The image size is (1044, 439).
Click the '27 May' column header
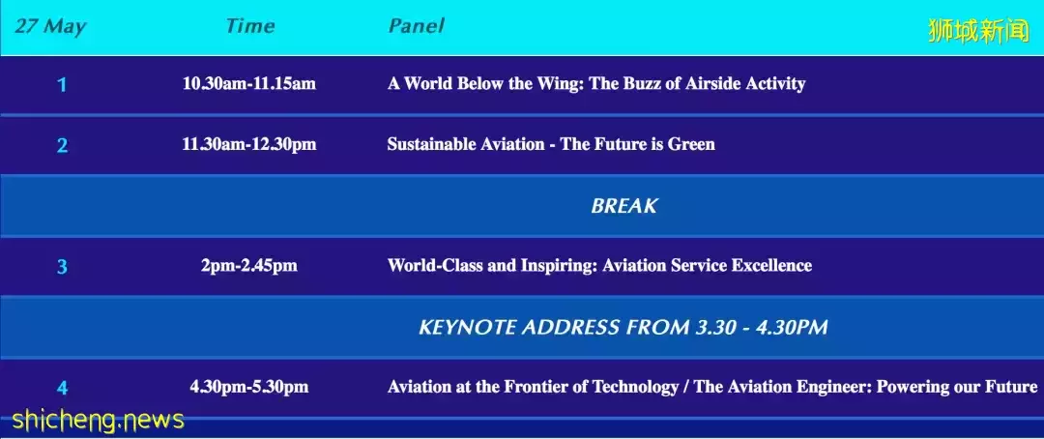pos(50,27)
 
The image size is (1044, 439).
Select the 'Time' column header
pos(249,26)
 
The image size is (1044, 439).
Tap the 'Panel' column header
pos(416,26)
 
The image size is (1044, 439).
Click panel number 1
pos(62,85)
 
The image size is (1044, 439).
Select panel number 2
pos(62,145)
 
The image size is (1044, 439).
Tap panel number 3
pos(62,267)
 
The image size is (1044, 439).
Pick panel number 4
pos(62,388)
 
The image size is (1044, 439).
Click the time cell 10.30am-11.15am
pos(249,84)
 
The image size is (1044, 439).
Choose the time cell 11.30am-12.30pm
pos(249,144)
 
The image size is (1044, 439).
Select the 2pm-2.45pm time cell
pos(249,266)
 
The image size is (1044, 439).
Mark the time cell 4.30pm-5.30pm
pos(249,387)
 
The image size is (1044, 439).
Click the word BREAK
pos(623,206)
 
